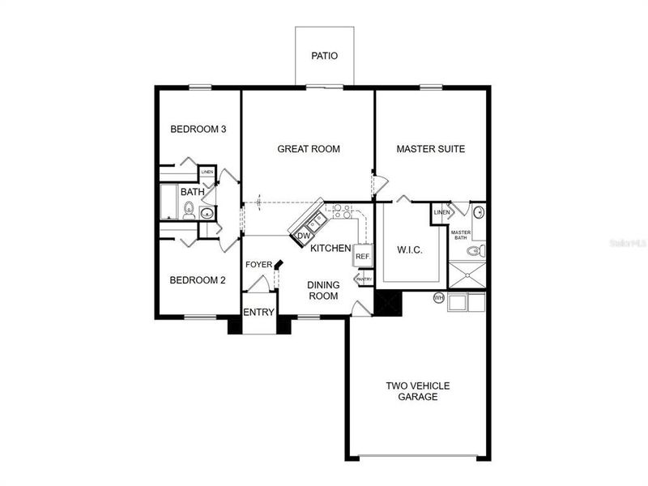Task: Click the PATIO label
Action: [324, 57]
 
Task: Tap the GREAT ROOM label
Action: [309, 149]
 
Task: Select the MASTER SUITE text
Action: [429, 149]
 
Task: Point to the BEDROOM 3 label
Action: [198, 130]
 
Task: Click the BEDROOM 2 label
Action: [198, 280]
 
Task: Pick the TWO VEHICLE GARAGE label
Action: [418, 391]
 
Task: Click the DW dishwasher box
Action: [304, 236]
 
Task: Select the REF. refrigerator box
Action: [362, 257]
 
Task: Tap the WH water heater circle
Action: [439, 297]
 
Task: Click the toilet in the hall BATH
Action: [188, 211]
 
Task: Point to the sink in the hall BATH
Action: [207, 214]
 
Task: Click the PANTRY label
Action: [364, 280]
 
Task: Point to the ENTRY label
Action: [259, 313]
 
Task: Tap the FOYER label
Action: [258, 265]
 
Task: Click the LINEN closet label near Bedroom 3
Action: [207, 173]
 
